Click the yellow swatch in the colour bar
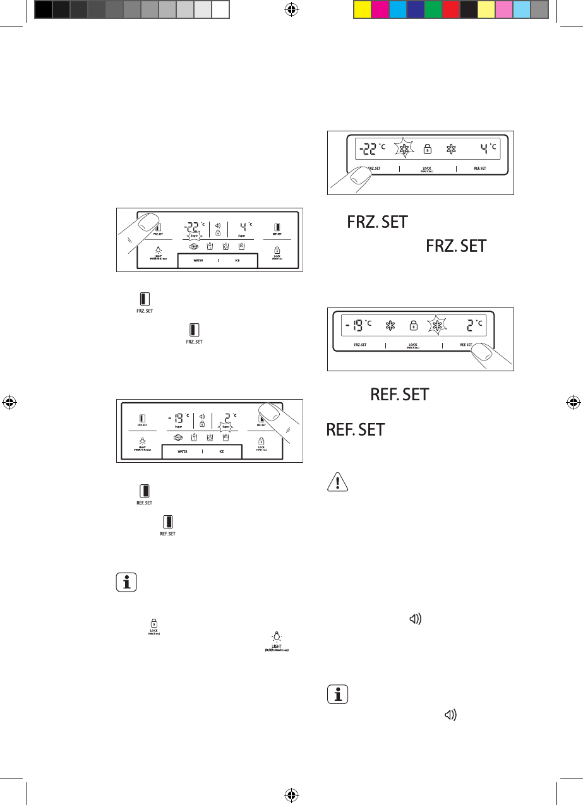363,9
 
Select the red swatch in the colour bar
451,9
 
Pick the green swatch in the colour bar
433,9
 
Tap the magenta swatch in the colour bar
380,9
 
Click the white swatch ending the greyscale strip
220,9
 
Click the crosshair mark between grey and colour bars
292,9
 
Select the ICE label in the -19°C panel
222,451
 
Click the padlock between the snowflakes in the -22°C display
428,150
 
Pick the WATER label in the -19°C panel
183,451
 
